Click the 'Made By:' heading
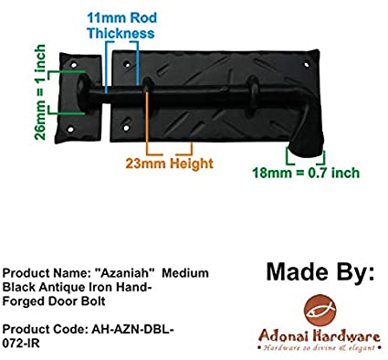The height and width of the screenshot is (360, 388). point(320,271)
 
